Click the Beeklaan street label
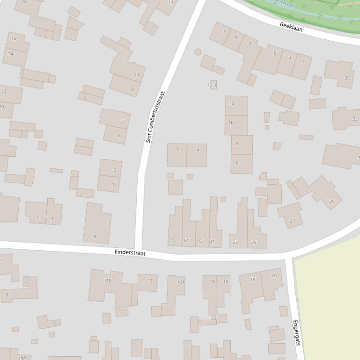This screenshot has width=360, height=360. tap(291, 27)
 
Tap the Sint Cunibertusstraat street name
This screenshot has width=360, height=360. tap(155, 117)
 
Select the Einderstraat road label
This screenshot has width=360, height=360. tap(130, 252)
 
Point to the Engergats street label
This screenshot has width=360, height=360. tap(296, 332)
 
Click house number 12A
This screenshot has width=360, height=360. tap(181, 282)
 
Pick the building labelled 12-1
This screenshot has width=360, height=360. tap(212, 85)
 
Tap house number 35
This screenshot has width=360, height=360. tap(347, 78)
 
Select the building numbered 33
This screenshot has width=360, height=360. tap(355, 119)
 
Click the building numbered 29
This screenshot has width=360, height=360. tap(332, 201)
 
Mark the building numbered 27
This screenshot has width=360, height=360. tap(292, 221)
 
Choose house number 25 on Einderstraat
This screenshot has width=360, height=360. tap(254, 242)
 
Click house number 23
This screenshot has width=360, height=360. tap(235, 242)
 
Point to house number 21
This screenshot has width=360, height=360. tap(212, 241)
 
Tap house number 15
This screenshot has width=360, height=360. tap(172, 240)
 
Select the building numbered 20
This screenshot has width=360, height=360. tap(274, 275)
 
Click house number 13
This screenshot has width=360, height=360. tap(171, 3)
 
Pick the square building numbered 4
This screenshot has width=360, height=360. tap(198, 150)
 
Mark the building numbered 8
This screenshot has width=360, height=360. tap(237, 144)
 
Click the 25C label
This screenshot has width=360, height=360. tap(22, 358)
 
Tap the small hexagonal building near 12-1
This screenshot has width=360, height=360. tap(198, 52)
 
